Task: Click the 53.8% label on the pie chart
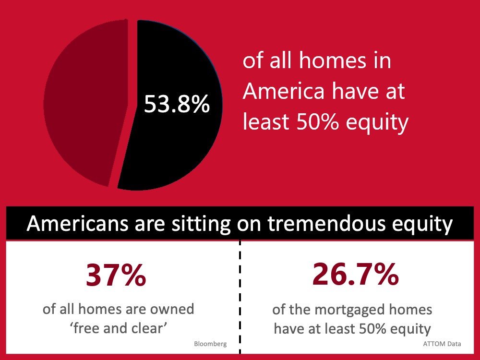pos(177,104)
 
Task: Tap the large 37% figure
pos(116,275)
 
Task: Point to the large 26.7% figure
pos(355,274)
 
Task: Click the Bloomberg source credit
pos(210,344)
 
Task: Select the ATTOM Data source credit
pos(442,344)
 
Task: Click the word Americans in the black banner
pos(77,224)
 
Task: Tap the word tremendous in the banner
pos(327,224)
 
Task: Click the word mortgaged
pos(350,310)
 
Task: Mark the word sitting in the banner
pos(201,224)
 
